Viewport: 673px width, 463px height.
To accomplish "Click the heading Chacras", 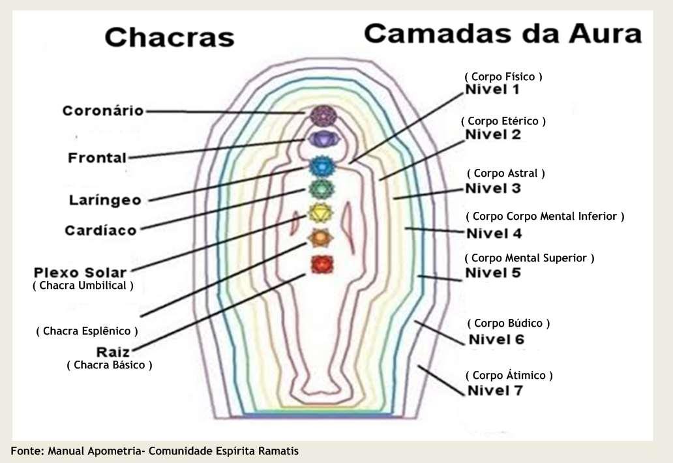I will click(x=169, y=37).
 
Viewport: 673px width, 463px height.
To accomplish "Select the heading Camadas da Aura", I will click(x=502, y=33).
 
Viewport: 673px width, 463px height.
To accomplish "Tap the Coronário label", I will click(x=102, y=111).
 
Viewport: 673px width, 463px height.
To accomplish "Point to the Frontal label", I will click(x=97, y=158).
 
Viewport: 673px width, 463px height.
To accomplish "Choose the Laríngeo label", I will click(x=105, y=200).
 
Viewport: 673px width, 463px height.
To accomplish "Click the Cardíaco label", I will click(x=100, y=230).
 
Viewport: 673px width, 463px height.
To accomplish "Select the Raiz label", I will click(x=114, y=351).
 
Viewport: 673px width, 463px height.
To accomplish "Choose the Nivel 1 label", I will click(x=492, y=90).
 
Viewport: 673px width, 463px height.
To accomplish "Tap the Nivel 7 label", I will click(x=496, y=391).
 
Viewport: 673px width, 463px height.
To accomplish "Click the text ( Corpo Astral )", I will click(x=505, y=173).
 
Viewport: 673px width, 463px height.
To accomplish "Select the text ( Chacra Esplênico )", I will click(x=87, y=331).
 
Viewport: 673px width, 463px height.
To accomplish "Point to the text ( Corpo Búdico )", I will click(x=509, y=323).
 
